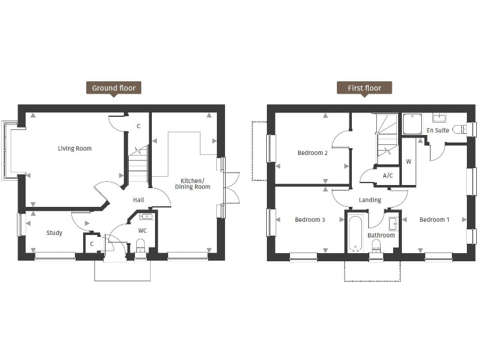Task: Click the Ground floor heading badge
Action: (113, 88)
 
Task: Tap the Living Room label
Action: (74, 149)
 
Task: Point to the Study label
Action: (54, 233)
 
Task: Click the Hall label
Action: (139, 200)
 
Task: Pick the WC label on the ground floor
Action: (142, 231)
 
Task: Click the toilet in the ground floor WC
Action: (141, 246)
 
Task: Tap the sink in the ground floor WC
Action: (147, 217)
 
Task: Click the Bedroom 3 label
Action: (309, 219)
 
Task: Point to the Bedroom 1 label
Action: (434, 219)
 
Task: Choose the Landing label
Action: (369, 200)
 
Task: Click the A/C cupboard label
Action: (387, 176)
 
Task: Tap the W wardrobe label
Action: (409, 161)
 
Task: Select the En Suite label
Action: (437, 131)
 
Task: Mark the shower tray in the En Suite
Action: (413, 124)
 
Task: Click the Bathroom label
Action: (381, 236)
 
